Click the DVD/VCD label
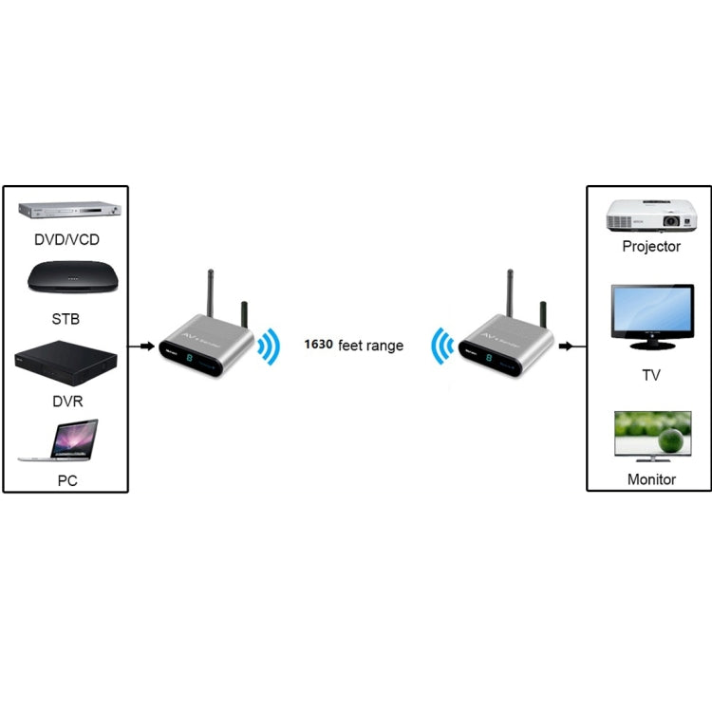point(66,240)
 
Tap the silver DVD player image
point(66,212)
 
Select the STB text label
point(66,318)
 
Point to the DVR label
point(66,401)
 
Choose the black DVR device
point(66,365)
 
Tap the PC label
point(66,480)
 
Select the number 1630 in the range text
point(318,345)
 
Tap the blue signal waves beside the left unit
point(271,347)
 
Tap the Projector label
point(651,247)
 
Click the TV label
point(651,375)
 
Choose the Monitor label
point(651,479)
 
